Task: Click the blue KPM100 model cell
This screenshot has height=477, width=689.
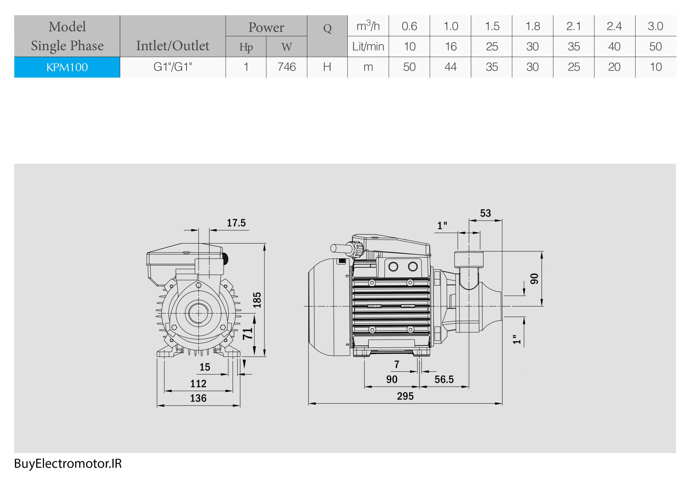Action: [67, 67]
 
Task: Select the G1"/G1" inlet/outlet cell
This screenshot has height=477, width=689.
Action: [173, 67]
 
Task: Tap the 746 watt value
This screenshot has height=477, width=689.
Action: [286, 67]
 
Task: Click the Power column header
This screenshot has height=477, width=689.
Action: [266, 27]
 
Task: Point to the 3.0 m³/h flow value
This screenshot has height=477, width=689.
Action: [655, 26]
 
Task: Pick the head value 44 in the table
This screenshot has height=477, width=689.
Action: [450, 67]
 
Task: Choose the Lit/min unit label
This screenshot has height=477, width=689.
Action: [368, 47]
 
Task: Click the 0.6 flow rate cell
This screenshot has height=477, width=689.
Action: [409, 26]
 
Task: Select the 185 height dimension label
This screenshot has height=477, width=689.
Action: [257, 300]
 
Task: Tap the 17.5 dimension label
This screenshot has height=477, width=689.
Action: [236, 223]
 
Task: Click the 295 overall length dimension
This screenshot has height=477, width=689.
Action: [405, 396]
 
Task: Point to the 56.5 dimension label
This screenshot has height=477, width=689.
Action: [444, 380]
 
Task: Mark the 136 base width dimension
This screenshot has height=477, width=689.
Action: [198, 398]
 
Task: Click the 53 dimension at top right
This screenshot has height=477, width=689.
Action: [485, 213]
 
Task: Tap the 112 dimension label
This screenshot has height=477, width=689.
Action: [198, 384]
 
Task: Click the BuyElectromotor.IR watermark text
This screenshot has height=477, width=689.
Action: [68, 464]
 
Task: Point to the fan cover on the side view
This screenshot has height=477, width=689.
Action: [329, 307]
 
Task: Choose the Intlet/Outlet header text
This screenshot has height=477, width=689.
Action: [173, 46]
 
